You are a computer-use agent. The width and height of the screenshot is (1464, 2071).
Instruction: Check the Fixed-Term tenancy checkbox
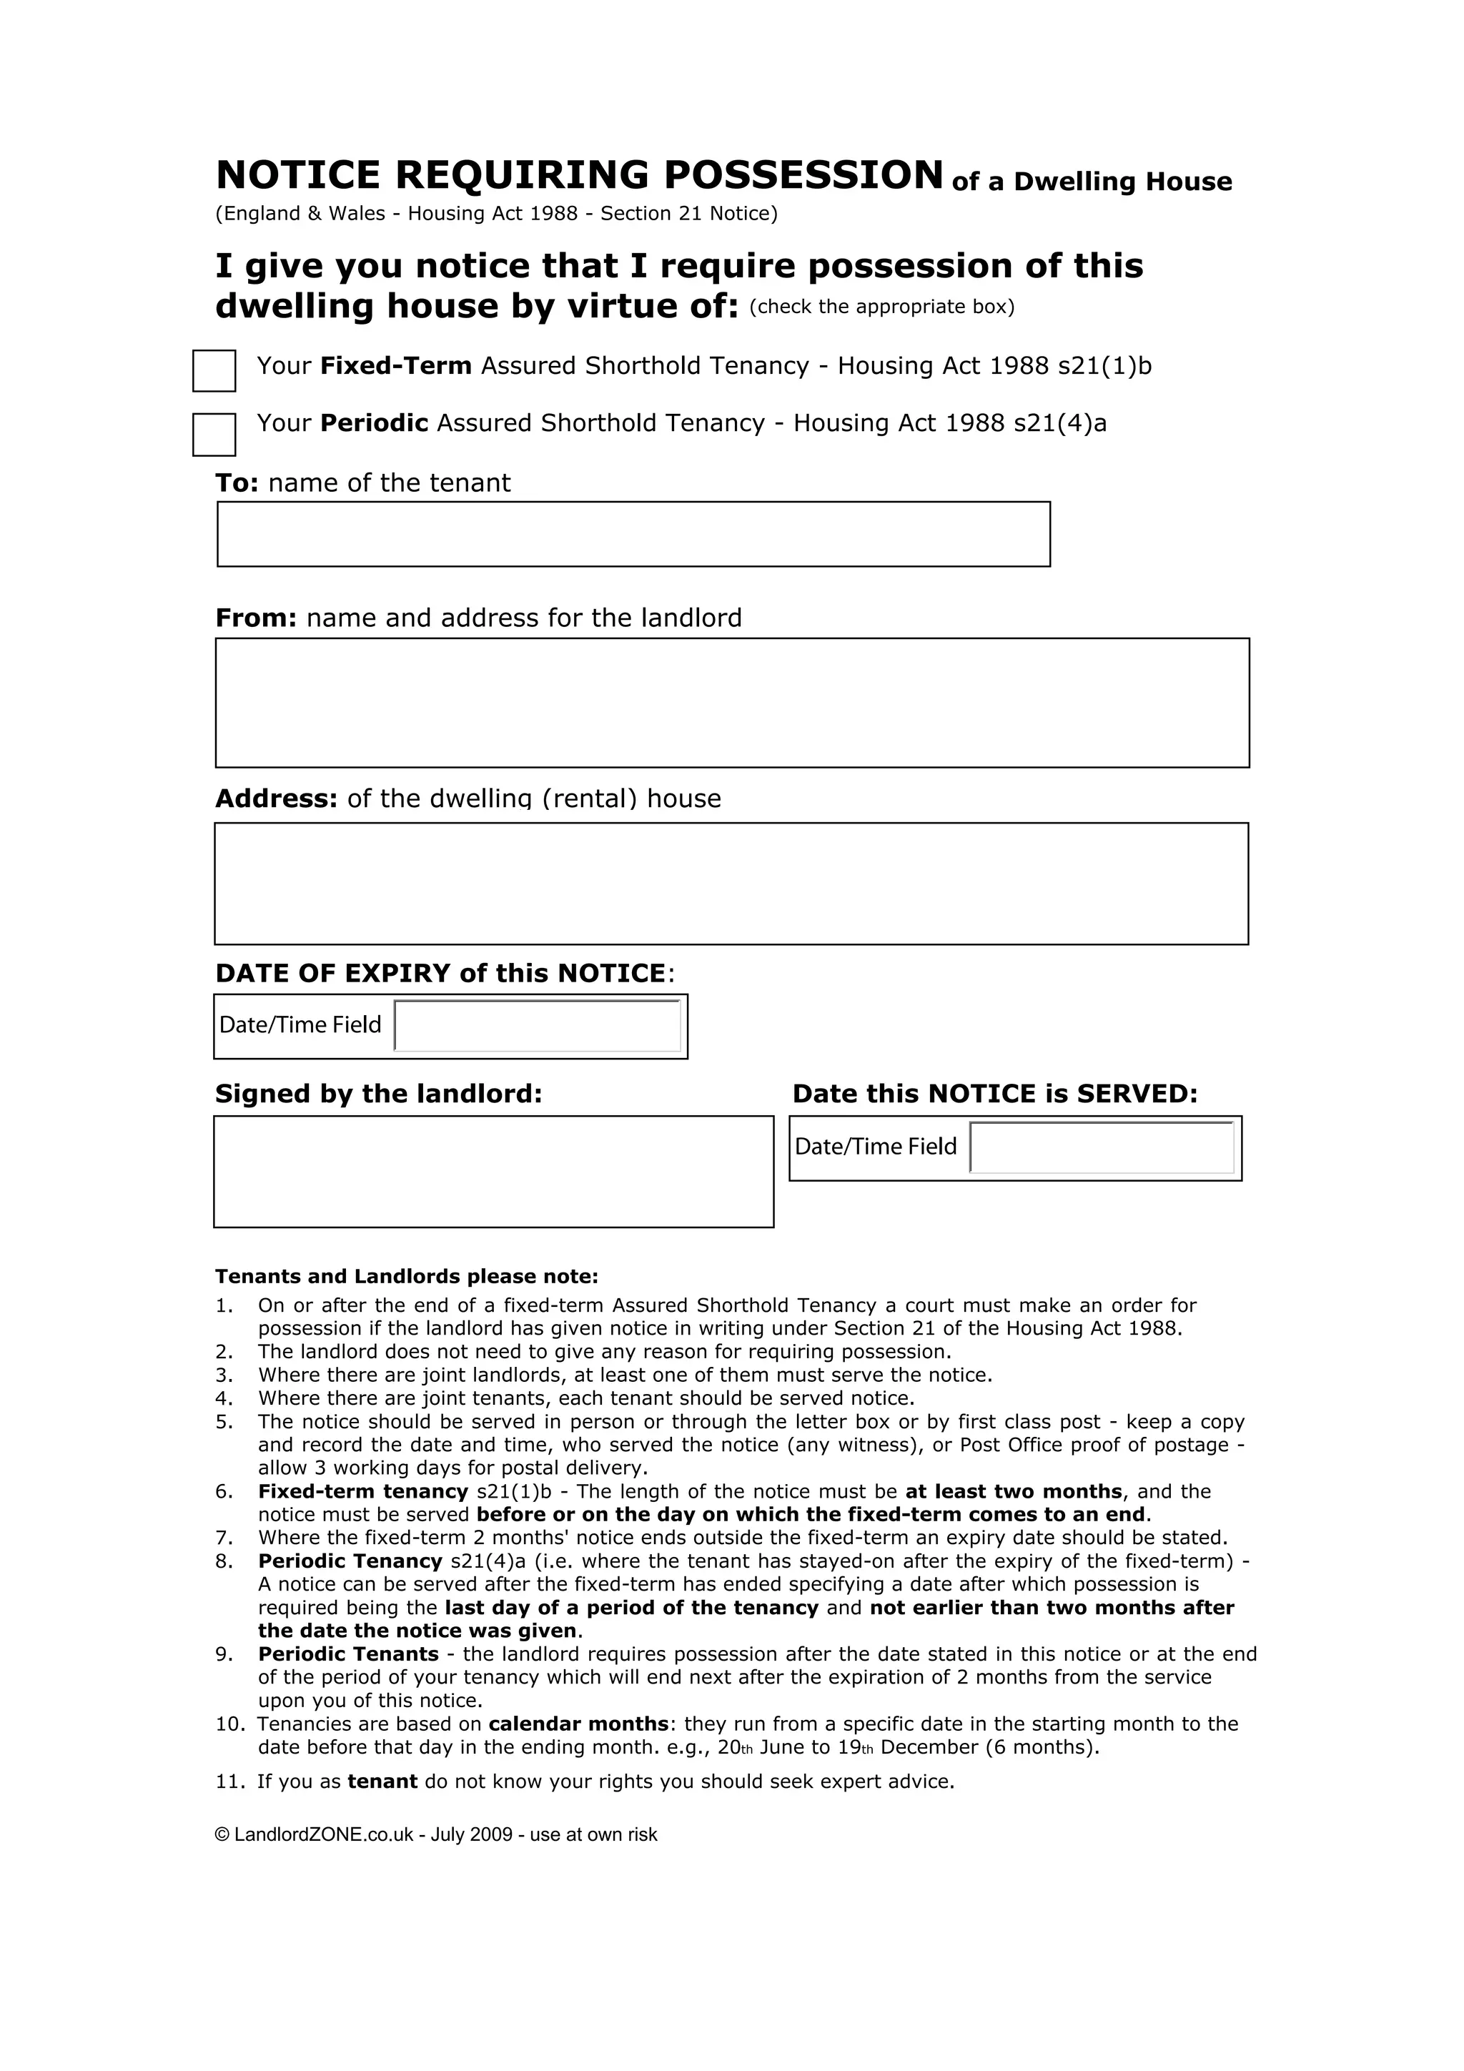click(x=214, y=371)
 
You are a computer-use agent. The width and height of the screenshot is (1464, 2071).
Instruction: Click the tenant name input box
click(x=633, y=534)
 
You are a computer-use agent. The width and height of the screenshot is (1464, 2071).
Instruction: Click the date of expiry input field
click(x=538, y=1026)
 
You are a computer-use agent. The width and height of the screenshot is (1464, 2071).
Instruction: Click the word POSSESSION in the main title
click(x=803, y=175)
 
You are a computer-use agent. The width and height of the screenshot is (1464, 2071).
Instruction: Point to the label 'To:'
click(x=237, y=483)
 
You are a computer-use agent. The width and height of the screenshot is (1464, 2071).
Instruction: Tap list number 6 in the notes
click(x=224, y=1492)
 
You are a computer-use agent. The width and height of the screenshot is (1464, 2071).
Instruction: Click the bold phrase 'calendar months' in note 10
click(x=578, y=1724)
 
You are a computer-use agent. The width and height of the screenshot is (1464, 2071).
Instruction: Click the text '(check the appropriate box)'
click(x=881, y=307)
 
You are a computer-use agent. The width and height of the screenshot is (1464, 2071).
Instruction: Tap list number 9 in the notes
click(x=224, y=1654)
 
